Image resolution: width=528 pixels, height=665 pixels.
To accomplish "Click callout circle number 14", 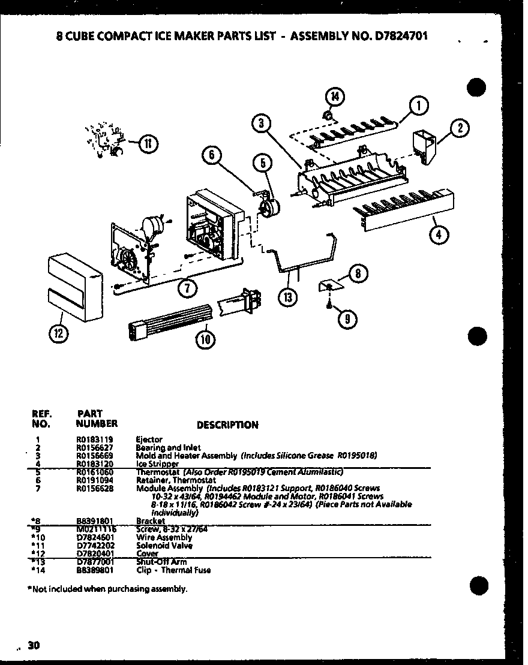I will pyautogui.click(x=335, y=95).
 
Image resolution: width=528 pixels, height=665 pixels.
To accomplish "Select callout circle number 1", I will pyautogui.click(x=418, y=106).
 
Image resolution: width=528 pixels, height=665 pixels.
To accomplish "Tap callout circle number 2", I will pyautogui.click(x=460, y=128).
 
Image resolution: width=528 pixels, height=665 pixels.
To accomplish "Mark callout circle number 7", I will pyautogui.click(x=188, y=288).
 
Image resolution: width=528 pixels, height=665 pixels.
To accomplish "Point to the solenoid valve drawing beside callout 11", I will pyautogui.click(x=106, y=142).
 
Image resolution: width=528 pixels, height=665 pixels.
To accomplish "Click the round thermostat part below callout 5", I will pyautogui.click(x=268, y=207).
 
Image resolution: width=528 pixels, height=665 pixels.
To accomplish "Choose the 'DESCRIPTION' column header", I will pyautogui.click(x=227, y=425).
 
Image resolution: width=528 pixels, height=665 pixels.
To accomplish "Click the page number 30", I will pyautogui.click(x=34, y=645).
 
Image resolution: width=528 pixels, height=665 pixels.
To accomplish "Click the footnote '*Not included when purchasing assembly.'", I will pyautogui.click(x=107, y=588).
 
